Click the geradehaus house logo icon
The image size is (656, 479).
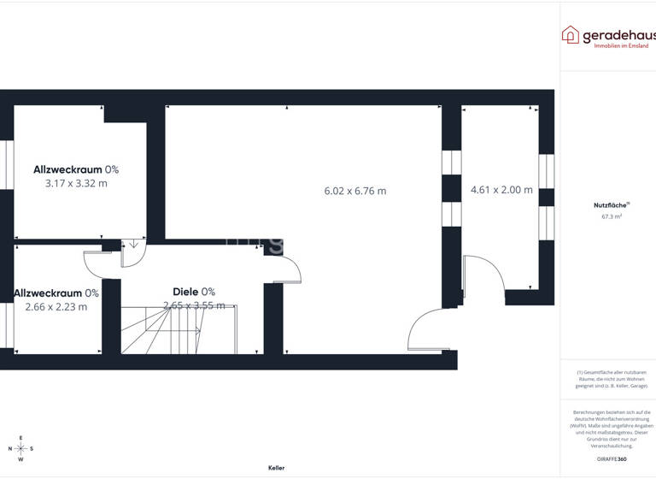point(570,34)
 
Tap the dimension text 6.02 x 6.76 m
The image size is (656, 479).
point(355,191)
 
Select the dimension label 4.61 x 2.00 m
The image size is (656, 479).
point(501,190)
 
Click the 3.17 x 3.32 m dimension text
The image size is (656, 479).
point(76,183)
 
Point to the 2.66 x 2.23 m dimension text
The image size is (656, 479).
point(56,307)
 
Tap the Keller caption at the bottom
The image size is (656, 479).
point(276,468)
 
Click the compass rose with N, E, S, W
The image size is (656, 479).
point(21,448)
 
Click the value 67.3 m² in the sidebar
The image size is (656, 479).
point(612,217)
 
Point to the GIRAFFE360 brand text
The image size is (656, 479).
point(611,461)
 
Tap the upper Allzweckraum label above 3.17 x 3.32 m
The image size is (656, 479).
point(76,169)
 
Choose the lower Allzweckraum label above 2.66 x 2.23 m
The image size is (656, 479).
point(56,293)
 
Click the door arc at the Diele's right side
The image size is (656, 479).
point(290,269)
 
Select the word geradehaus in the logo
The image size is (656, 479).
point(619,34)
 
